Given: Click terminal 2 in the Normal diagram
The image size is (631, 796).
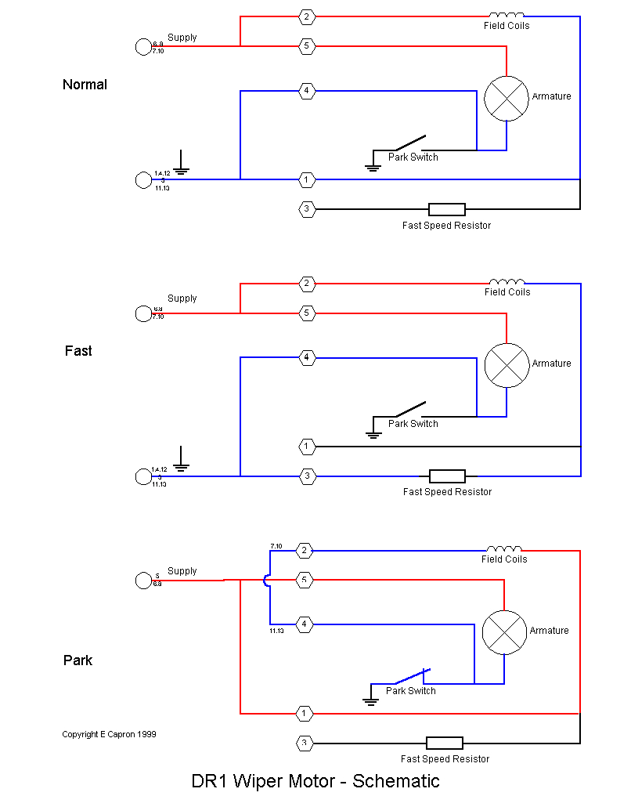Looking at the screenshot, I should click(307, 16).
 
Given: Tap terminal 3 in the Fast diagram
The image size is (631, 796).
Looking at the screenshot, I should click(307, 476).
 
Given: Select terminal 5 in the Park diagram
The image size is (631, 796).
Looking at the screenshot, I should click(305, 581).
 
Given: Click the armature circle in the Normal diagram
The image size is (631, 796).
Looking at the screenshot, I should click(507, 98).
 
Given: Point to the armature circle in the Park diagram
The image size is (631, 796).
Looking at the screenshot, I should click(503, 632).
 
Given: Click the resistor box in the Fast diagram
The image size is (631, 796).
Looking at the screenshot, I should click(447, 476).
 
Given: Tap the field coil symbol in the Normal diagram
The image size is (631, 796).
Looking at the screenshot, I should click(507, 15).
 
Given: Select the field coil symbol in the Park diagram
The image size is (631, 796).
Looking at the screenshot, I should click(504, 548).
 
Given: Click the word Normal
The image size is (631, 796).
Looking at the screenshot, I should click(85, 85).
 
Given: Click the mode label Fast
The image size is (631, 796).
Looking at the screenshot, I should click(78, 351).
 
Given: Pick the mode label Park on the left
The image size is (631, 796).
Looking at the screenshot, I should click(78, 660).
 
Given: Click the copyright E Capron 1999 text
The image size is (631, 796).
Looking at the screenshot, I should click(109, 734).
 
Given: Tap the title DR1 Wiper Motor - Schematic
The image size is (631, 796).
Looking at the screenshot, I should click(315, 781).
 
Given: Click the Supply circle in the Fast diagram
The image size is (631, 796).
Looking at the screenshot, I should click(143, 313).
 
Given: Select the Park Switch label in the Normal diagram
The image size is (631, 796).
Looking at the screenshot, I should click(413, 157).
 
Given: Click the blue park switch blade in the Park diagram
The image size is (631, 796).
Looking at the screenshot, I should click(411, 676).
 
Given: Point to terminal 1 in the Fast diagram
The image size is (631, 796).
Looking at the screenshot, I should click(307, 447).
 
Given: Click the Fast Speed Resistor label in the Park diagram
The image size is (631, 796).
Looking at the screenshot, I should click(445, 758).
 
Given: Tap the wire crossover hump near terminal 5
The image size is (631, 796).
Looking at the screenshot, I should click(267, 581).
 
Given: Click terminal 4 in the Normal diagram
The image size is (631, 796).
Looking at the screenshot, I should click(307, 91).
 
